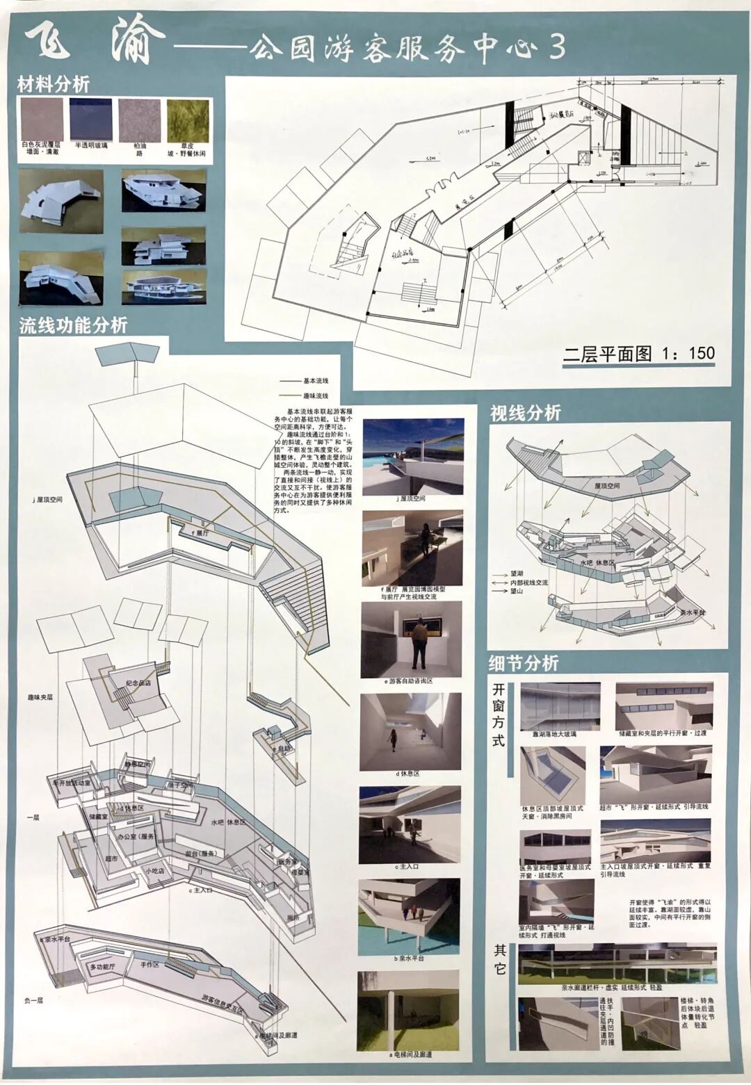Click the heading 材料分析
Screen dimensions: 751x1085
(x=54, y=85)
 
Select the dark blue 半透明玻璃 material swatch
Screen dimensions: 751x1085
(x=90, y=120)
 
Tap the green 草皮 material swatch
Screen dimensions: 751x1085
(x=187, y=120)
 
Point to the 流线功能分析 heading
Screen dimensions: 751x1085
(x=73, y=325)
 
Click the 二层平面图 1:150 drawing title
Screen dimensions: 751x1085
(x=638, y=354)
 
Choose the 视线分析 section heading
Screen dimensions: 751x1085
(x=525, y=413)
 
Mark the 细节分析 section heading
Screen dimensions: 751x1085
(x=524, y=663)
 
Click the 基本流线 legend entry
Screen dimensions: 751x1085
(x=315, y=381)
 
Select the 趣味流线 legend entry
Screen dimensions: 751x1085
(x=315, y=395)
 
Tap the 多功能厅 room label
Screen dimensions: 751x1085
(x=102, y=967)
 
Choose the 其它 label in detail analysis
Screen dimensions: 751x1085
(x=499, y=959)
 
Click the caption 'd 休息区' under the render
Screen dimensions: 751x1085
(x=407, y=774)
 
